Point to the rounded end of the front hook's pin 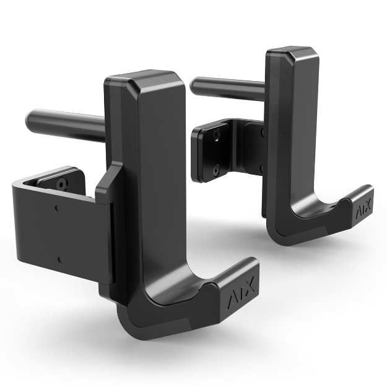[31, 118]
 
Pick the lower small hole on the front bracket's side [58, 259]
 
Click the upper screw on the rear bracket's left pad [217, 133]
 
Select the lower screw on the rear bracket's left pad [217, 169]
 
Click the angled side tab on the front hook [105, 186]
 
